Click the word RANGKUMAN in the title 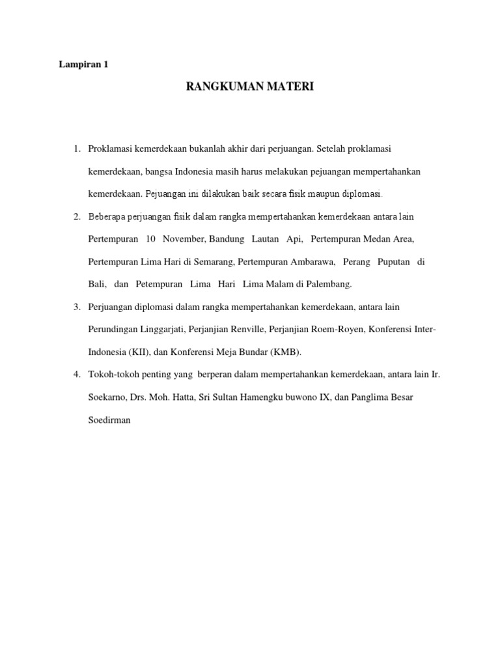point(218,87)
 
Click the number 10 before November point(151,239)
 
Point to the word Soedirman point(109,420)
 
